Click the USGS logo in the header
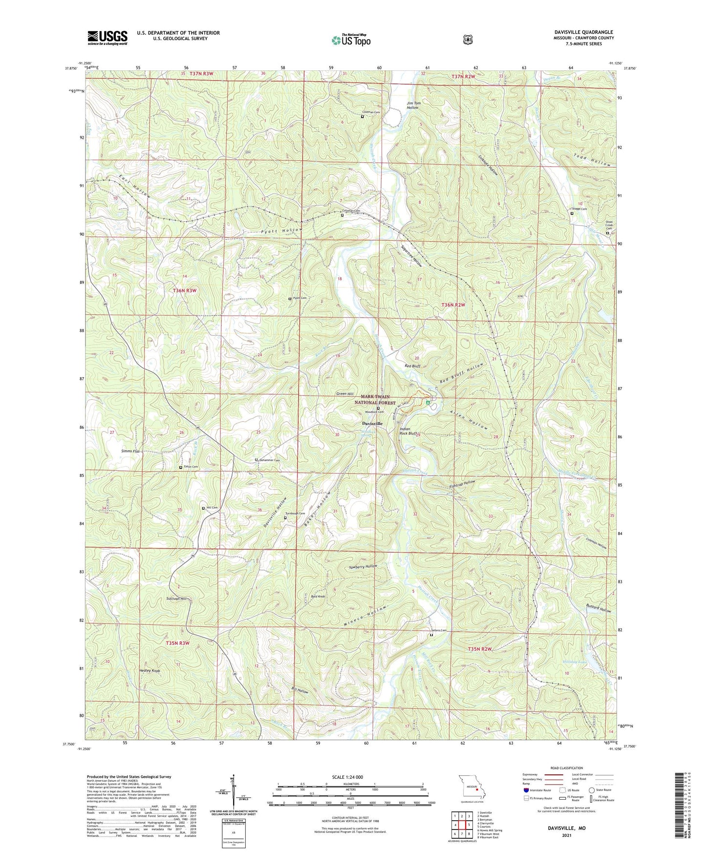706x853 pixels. [x=107, y=38]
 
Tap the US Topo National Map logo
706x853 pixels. [x=350, y=40]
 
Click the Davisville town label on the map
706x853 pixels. [x=372, y=423]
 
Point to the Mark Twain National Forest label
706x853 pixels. [x=378, y=400]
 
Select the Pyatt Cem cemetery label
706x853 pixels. [x=300, y=298]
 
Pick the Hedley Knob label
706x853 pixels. [x=150, y=671]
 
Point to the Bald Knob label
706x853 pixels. [x=318, y=597]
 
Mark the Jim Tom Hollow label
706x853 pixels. [x=413, y=105]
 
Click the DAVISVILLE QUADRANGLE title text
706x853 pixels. [x=580, y=32]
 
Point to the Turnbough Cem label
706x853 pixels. [x=296, y=513]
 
